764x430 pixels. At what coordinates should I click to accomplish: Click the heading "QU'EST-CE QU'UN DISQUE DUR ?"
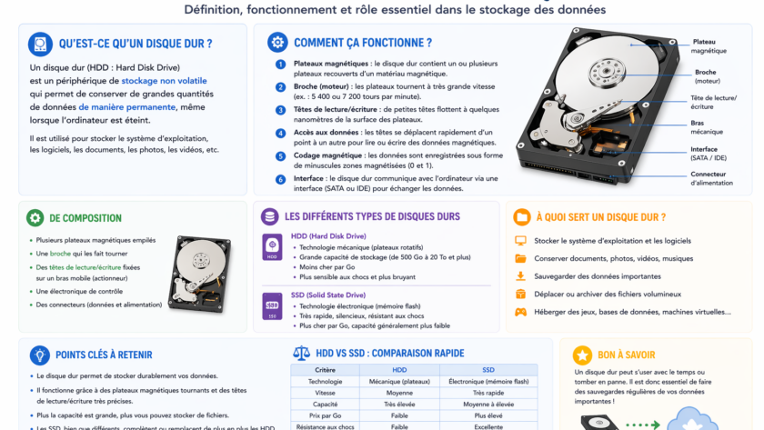(x=136, y=44)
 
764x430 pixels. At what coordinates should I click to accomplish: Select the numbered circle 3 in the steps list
(x=280, y=110)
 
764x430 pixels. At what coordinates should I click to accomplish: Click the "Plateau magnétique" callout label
(x=709, y=46)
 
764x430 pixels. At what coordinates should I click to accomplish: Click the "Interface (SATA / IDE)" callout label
(x=709, y=153)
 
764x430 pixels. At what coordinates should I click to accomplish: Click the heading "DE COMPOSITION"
(x=85, y=218)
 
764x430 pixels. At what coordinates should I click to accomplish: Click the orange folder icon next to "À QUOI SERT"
(x=522, y=217)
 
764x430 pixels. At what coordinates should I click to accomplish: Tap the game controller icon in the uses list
(x=521, y=312)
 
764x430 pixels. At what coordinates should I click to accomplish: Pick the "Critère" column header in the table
(x=325, y=370)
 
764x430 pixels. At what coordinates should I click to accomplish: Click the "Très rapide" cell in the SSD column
(x=488, y=393)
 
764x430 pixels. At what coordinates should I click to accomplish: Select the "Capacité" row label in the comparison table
(x=325, y=404)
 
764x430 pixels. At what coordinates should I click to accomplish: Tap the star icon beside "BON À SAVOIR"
(x=582, y=355)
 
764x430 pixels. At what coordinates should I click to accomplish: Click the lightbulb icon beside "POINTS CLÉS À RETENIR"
(x=39, y=355)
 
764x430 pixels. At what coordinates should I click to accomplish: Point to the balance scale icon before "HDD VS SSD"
(x=301, y=353)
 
